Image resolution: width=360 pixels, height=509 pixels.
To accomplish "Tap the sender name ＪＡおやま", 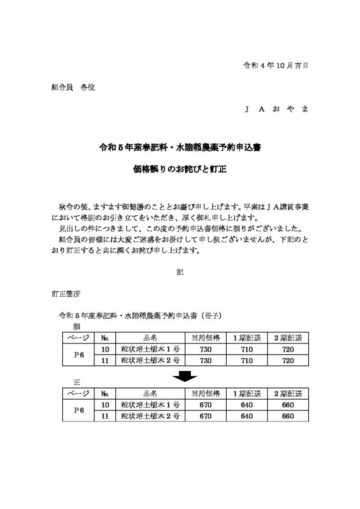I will point(276,109).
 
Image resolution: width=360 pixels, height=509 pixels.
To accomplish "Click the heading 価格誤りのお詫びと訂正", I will point(180,169).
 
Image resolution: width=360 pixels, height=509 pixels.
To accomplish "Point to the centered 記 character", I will point(180,272).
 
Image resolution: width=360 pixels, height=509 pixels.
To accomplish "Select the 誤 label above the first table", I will point(77,327).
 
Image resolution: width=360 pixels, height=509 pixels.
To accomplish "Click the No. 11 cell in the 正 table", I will point(105,416).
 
